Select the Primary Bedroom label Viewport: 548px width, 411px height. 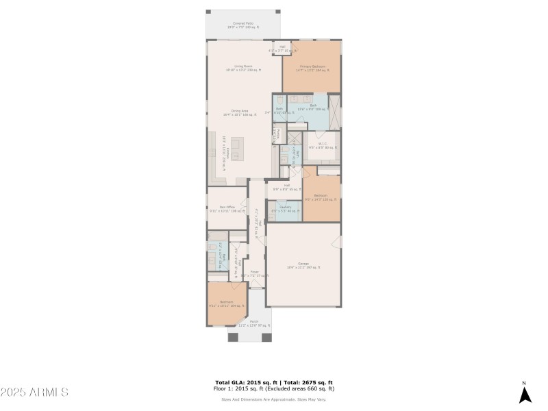pos(312,68)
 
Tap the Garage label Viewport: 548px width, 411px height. pos(303,264)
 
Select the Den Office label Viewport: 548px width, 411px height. pos(227,209)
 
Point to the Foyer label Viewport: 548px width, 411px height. pos(254,274)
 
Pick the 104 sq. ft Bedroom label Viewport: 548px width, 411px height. pos(227,303)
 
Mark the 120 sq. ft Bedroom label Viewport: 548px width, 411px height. pos(321,197)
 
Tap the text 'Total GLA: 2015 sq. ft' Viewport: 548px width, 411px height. pos(245,382)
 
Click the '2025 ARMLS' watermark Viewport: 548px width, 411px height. pos(34,393)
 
